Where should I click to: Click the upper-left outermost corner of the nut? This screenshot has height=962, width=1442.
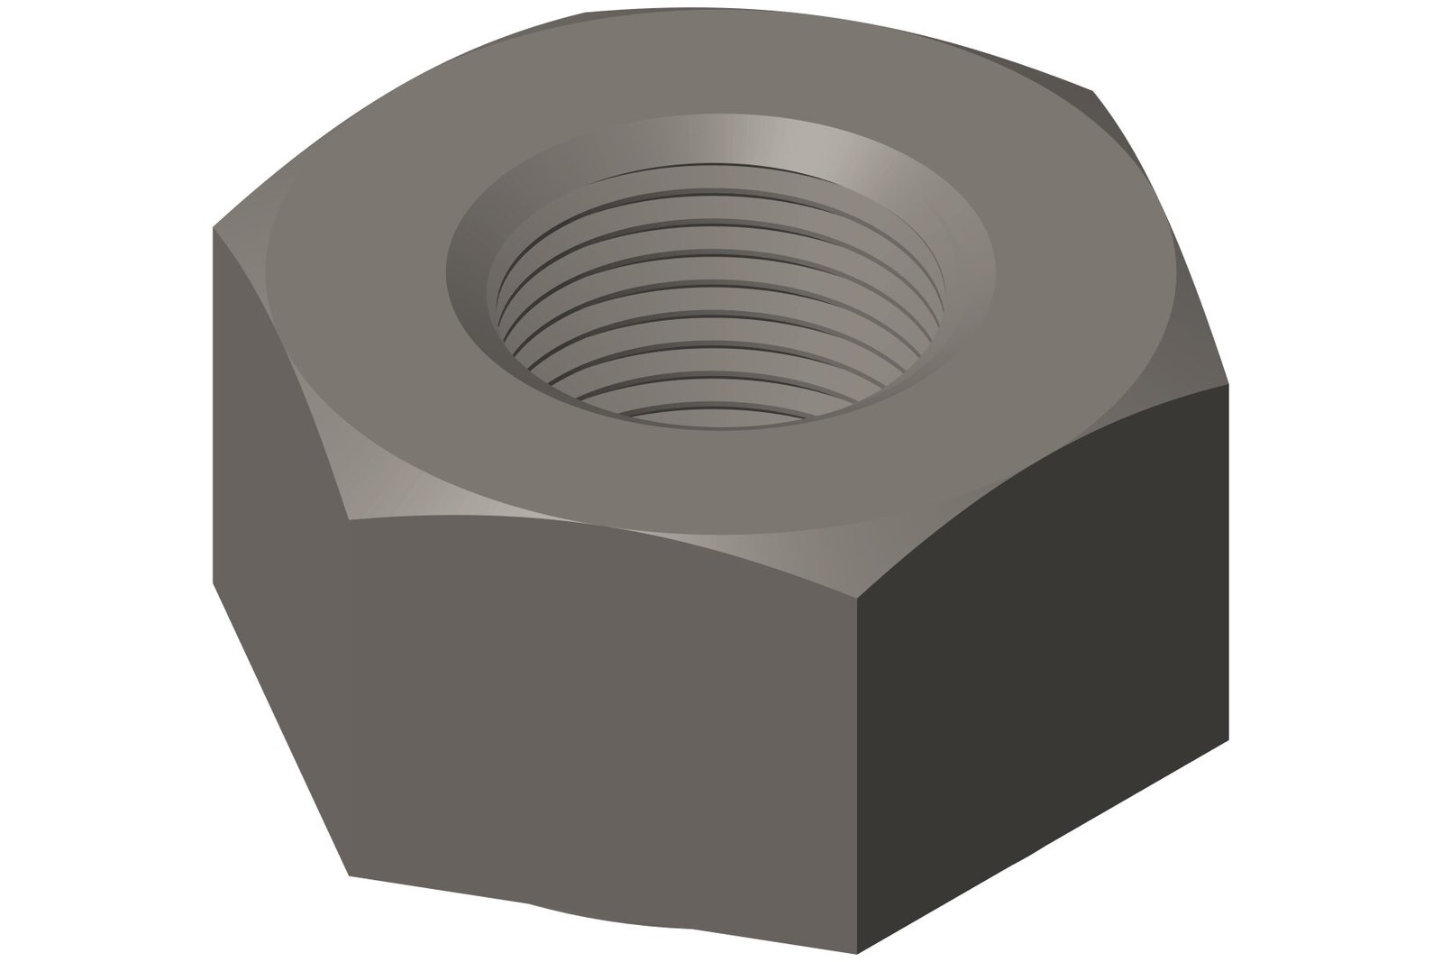(213, 227)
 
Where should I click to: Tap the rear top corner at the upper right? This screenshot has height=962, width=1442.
(1094, 90)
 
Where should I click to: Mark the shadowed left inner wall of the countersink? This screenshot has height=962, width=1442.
(469, 270)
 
